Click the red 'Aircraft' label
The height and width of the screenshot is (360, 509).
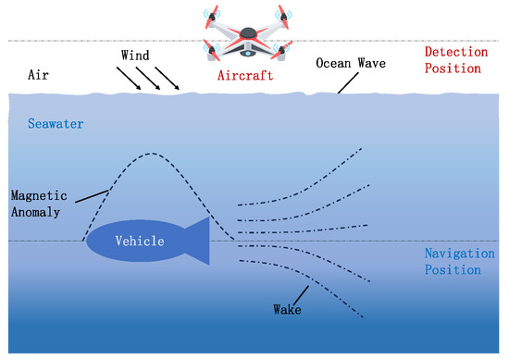[x=246, y=77]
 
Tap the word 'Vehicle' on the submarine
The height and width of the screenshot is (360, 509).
[x=139, y=241]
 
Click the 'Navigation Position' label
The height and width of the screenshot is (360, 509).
[x=453, y=261]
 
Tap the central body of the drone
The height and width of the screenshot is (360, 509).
[x=247, y=41]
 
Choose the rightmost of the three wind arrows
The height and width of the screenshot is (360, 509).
[x=171, y=79]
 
